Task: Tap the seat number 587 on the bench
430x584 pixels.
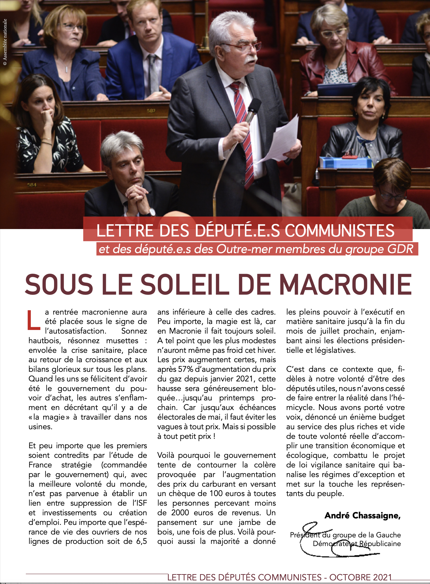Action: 151,111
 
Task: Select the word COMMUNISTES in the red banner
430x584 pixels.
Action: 339,231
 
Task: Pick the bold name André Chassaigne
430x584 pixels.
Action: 362,515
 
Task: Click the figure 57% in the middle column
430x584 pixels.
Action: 186,369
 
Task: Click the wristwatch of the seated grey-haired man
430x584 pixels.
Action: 152,212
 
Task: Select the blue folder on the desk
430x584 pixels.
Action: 346,162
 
